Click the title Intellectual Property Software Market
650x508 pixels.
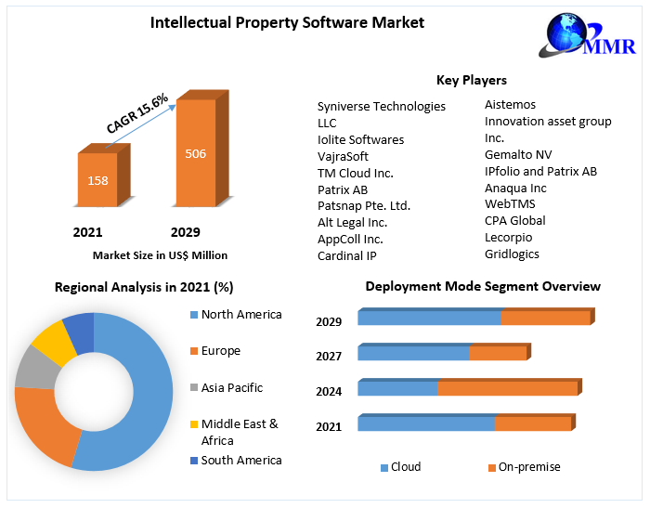287,22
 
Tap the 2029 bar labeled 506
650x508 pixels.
196,153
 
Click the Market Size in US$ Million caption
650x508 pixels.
160,254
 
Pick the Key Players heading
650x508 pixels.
472,80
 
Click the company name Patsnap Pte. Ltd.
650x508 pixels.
364,205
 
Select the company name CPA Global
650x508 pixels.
515,220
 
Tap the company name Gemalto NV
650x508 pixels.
518,154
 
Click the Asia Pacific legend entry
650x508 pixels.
231,387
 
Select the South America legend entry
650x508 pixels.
240,460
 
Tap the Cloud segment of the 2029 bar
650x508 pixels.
429,318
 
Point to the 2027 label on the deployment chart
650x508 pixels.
329,356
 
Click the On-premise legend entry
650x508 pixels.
528,467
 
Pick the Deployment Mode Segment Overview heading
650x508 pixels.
483,286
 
